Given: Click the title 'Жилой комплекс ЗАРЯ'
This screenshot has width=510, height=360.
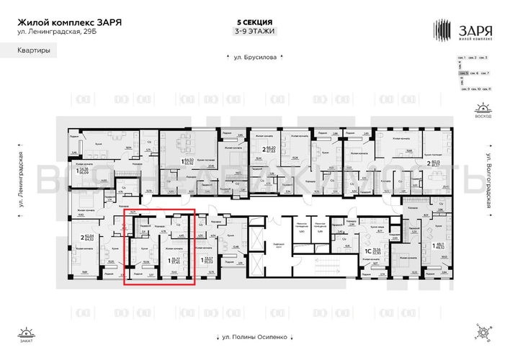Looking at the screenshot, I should pyautogui.click(x=69, y=22).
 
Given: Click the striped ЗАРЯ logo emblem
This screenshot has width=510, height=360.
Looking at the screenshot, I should pyautogui.click(x=442, y=30).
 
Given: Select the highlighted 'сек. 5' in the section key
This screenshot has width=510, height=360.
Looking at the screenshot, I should pyautogui.click(x=465, y=73).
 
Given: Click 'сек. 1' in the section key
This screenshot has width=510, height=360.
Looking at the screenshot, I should pyautogui.click(x=464, y=57).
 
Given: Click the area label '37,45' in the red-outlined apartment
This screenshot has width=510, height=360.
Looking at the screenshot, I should pyautogui.click(x=175, y=262).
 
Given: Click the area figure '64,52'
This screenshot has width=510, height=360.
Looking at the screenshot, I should pyautogui.click(x=90, y=240).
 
